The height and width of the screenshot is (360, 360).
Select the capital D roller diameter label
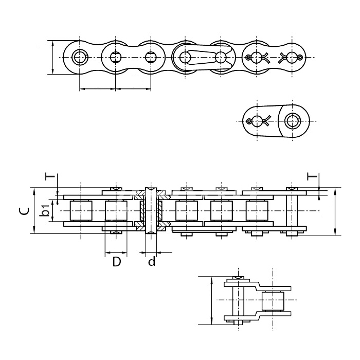click(x=117, y=261)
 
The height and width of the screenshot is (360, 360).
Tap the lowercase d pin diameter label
click(x=152, y=261)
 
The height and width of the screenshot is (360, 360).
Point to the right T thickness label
click(x=312, y=176)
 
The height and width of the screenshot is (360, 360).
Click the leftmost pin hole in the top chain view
click(x=80, y=57)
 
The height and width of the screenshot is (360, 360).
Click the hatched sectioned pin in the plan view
click(x=151, y=211)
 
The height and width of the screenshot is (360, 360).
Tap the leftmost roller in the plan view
click(x=81, y=211)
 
